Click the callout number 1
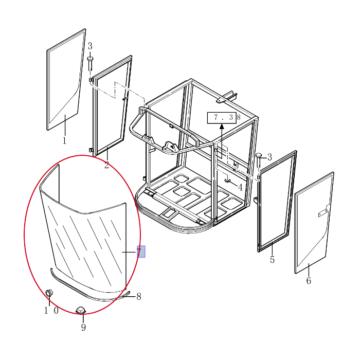tap(64, 140)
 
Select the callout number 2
tap(106, 165)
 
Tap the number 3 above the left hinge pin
tap(90, 46)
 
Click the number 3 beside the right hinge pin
tap(269, 157)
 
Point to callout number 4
tap(240, 188)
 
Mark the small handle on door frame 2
tap(124, 99)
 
